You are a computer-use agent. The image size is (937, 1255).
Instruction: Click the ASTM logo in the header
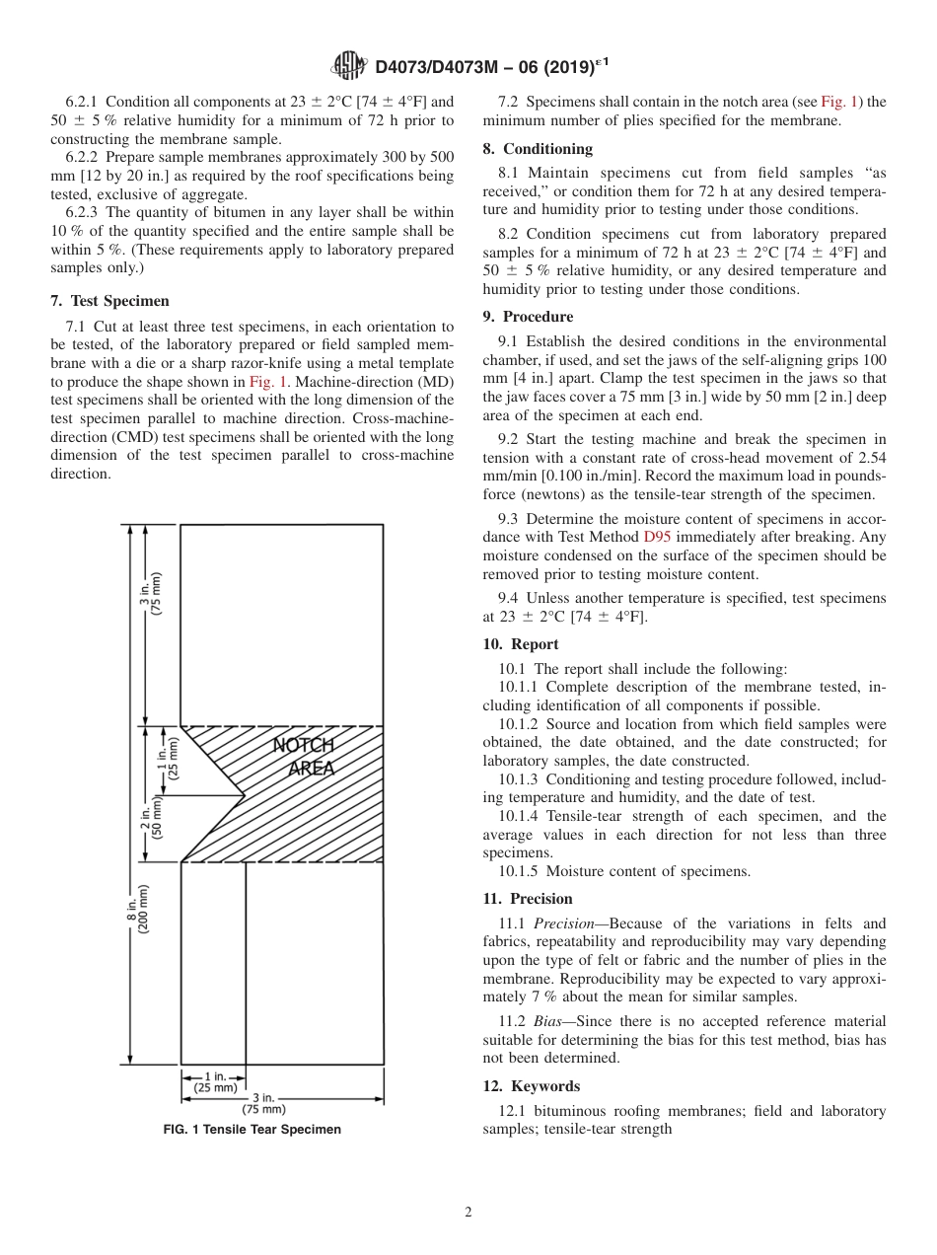click(349, 66)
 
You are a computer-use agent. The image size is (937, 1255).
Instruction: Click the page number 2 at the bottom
click(468, 1213)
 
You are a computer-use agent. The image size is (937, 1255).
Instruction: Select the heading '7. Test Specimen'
click(109, 301)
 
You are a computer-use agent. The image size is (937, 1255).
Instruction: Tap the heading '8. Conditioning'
click(538, 149)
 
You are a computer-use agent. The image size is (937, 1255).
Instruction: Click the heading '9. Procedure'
click(528, 317)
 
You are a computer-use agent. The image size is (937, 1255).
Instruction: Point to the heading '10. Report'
click(521, 644)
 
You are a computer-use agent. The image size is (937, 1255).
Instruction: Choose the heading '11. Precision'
click(528, 899)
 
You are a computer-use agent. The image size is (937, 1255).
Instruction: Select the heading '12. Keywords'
click(531, 1086)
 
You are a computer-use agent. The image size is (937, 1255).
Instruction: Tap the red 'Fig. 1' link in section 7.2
click(838, 101)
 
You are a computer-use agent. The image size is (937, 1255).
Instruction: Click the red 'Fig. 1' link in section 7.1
click(268, 382)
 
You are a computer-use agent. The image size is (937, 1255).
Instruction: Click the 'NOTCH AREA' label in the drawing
click(305, 757)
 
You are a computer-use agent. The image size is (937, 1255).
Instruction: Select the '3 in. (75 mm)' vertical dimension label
click(151, 594)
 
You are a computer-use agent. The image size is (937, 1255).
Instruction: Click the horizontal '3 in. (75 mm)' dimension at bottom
click(263, 1102)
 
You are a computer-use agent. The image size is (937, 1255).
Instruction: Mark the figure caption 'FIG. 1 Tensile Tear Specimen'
click(252, 1130)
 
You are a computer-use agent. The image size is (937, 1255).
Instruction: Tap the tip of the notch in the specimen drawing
click(245, 794)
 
